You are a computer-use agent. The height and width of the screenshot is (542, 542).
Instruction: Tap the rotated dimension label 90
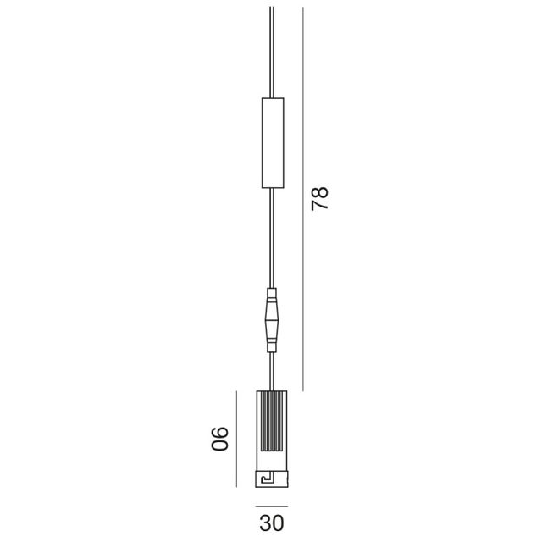[220, 438]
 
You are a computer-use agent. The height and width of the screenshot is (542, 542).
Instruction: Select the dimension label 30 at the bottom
[271, 523]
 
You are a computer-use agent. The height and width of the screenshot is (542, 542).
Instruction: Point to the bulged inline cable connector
[271, 320]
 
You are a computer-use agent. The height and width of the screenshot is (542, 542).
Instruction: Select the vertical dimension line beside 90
[235, 438]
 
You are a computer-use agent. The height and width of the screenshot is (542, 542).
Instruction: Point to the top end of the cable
[271, 10]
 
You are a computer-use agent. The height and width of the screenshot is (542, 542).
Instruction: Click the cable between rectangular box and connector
[271, 237]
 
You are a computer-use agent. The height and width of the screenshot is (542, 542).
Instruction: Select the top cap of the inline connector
[271, 296]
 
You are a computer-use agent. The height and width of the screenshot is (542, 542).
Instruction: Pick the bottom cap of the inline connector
[271, 345]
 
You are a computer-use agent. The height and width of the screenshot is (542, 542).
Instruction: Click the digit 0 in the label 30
[279, 523]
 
